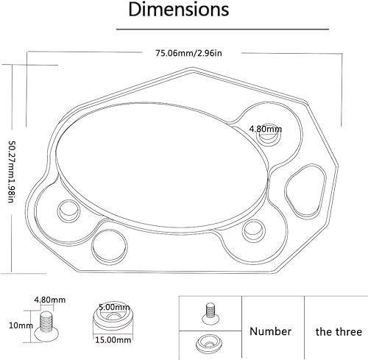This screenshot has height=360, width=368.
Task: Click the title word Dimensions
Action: [x=178, y=11]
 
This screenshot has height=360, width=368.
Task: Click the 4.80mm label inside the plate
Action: [x=265, y=129]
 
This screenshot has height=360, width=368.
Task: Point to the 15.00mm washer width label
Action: [x=113, y=340]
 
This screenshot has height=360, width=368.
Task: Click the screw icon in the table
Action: [x=211, y=312]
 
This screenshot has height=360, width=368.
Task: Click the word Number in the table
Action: [x=270, y=331]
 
